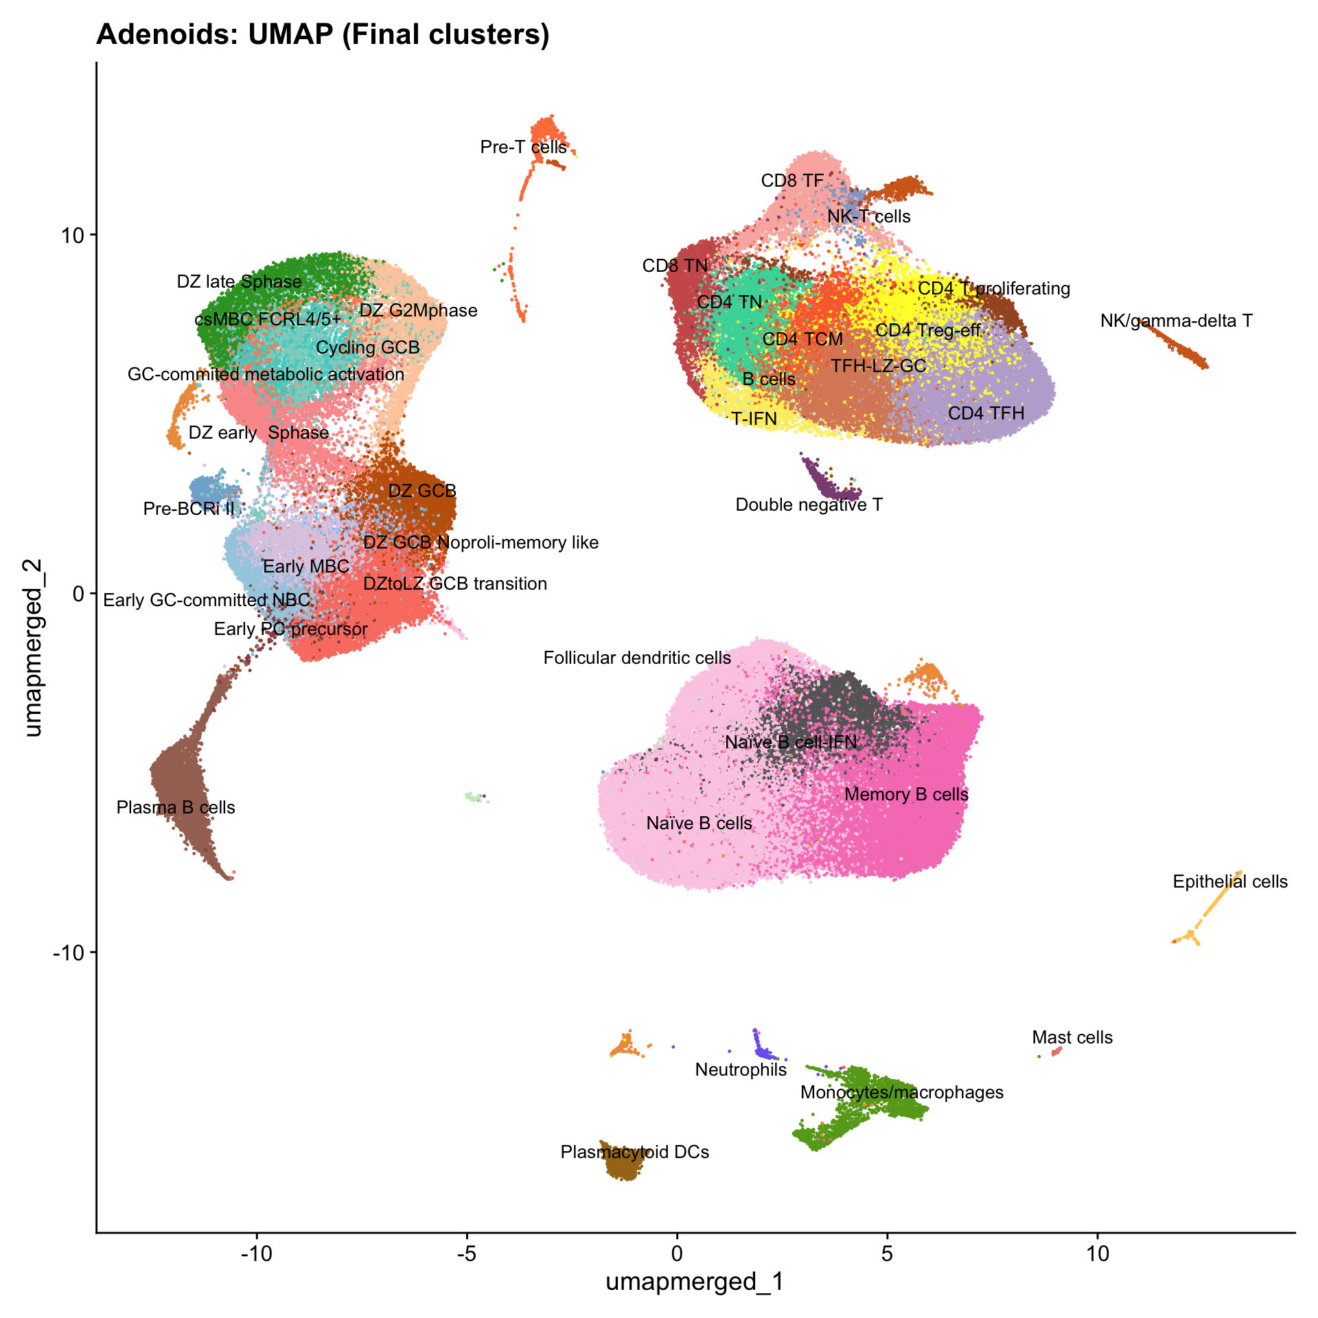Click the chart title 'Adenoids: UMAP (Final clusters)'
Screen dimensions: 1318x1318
[323, 34]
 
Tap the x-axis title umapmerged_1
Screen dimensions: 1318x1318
[695, 1281]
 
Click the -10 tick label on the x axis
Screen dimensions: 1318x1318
[256, 1251]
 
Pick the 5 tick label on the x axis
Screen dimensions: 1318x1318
[887, 1251]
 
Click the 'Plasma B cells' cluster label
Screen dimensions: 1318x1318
[176, 807]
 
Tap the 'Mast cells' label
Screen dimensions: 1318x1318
[1072, 1037]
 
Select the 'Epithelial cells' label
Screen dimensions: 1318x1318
[1230, 881]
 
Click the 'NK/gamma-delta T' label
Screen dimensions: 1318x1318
[1176, 321]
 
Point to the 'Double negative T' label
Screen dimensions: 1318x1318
[809, 505]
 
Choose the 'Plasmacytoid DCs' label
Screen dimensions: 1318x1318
[635, 1152]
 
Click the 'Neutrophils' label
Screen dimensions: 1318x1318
[741, 1070]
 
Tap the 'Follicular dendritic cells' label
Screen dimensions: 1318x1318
[637, 658]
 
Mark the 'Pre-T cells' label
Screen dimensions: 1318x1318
[524, 147]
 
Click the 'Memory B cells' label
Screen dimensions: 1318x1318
[906, 794]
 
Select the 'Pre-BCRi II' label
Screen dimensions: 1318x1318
[189, 509]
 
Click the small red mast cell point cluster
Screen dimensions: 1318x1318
[1057, 1050]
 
